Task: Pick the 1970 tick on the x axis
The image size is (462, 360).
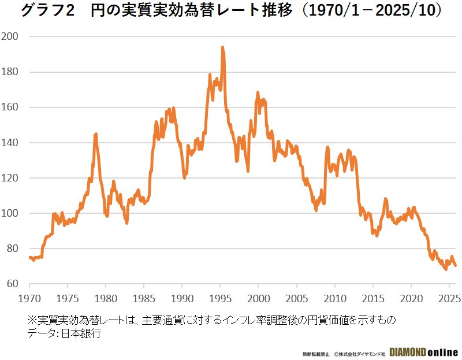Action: (x=29, y=300)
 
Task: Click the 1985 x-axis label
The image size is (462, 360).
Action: (x=144, y=300)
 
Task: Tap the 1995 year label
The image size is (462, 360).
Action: (x=220, y=300)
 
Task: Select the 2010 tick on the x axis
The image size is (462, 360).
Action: (x=335, y=300)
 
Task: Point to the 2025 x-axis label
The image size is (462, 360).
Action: (x=449, y=300)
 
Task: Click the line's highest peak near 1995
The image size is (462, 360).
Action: (x=222, y=48)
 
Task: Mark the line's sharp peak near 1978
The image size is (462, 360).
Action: (x=95, y=134)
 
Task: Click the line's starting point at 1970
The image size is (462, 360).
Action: (x=29, y=258)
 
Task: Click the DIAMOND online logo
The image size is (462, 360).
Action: (x=424, y=352)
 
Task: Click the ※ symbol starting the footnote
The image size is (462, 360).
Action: (x=32, y=320)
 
